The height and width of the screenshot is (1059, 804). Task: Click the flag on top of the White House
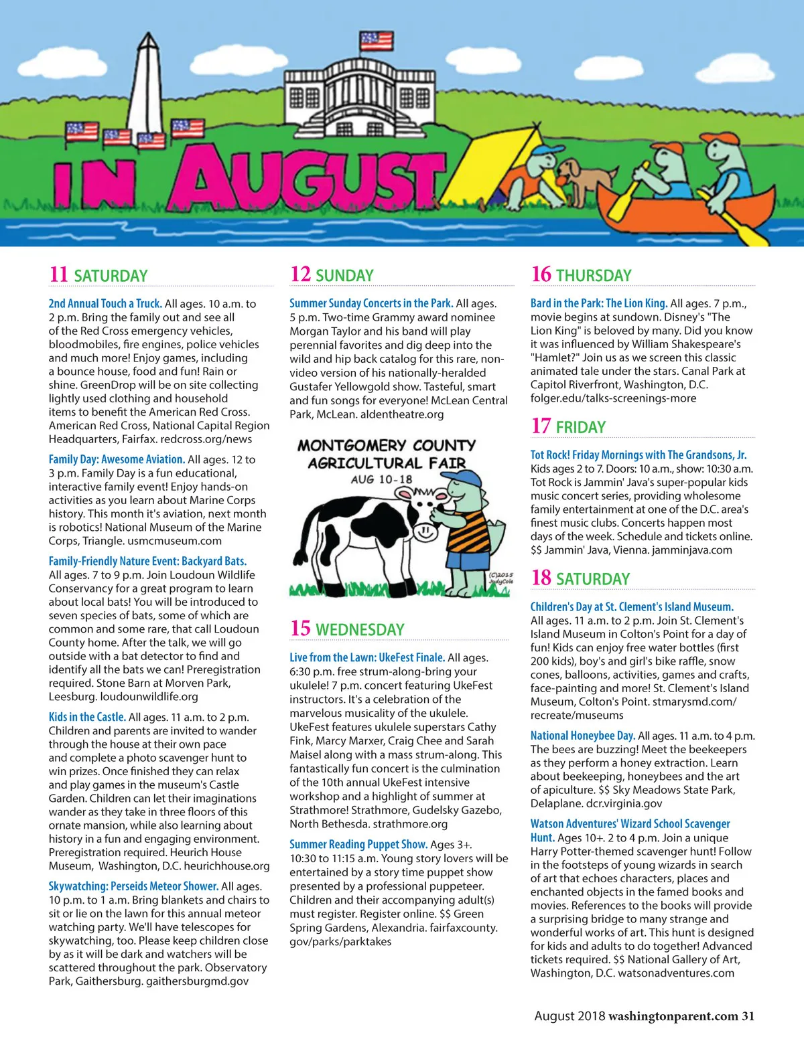coord(376,41)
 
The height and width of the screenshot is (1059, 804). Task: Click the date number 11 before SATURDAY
coord(58,274)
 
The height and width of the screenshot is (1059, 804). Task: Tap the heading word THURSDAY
coord(594,275)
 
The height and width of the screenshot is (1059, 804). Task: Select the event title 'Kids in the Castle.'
coord(87,717)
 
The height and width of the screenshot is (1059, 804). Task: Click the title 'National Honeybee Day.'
coord(582,735)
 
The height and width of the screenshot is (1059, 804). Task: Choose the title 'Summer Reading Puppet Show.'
coord(358,844)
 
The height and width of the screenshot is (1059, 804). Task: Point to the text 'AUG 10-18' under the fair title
coord(381,479)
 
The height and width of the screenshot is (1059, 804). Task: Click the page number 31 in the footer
coord(748,1015)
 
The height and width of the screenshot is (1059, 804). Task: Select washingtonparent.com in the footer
coord(673,1015)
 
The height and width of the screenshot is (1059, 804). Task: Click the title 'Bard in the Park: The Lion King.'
coord(599,303)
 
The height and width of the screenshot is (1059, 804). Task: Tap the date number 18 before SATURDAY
coord(541,578)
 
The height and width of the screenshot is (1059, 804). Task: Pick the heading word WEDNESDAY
coord(360,629)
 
